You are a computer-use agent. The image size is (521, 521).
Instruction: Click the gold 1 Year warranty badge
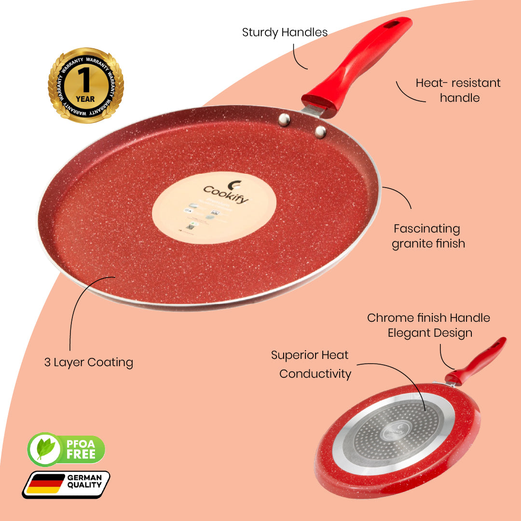point(86,85)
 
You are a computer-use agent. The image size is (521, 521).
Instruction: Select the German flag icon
point(44,484)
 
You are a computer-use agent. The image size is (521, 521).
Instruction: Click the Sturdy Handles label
point(285,32)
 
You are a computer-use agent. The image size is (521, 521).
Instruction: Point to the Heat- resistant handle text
point(458,90)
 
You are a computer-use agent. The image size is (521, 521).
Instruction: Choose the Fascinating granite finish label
point(428,236)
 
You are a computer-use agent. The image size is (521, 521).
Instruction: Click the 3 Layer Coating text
point(89,362)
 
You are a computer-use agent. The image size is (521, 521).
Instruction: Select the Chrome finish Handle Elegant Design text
point(429,325)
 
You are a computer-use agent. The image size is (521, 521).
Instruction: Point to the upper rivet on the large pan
point(284,119)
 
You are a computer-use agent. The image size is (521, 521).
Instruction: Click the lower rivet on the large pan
point(320,131)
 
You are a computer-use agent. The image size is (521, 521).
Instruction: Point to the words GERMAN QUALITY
point(84,481)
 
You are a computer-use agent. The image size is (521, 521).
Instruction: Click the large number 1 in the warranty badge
point(85,80)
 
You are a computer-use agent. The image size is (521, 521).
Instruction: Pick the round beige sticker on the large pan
point(214,207)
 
